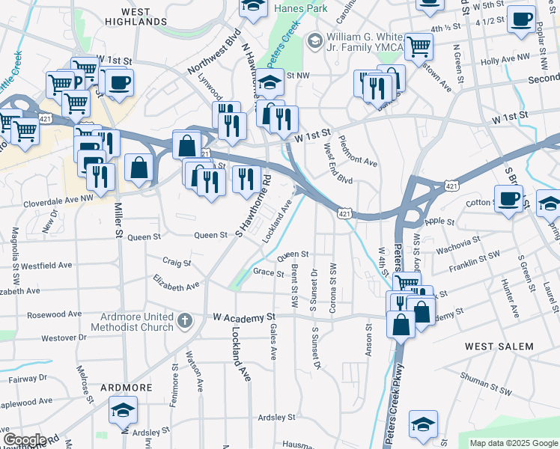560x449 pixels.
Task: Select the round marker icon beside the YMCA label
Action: (x=315, y=39)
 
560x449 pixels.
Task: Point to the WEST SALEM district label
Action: (x=499, y=346)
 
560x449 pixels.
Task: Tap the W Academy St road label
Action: (x=244, y=317)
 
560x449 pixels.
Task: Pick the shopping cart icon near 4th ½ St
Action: (x=419, y=46)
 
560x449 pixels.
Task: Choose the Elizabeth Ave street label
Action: (x=176, y=282)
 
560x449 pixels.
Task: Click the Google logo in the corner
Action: (x=25, y=440)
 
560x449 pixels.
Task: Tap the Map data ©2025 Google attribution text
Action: (x=513, y=443)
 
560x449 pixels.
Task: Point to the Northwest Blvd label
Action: (x=214, y=55)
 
